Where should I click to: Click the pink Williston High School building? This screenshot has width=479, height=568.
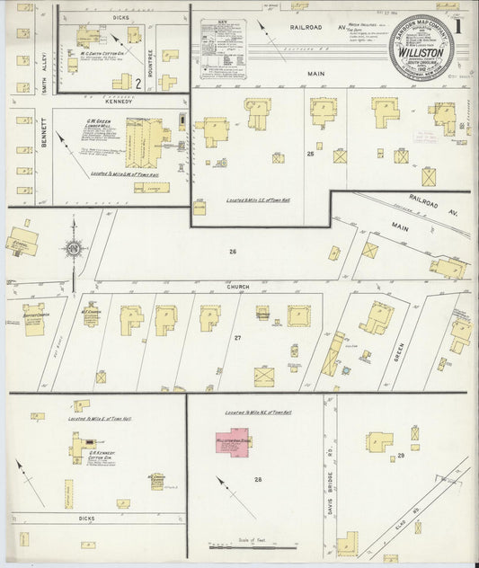(232, 445)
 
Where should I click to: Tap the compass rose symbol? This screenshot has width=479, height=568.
(73, 248)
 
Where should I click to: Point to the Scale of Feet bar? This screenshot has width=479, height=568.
(243, 544)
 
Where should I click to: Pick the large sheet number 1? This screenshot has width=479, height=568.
(460, 27)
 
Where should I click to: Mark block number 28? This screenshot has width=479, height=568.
(259, 480)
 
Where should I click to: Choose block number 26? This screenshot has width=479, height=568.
(232, 251)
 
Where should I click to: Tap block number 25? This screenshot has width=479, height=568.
(312, 155)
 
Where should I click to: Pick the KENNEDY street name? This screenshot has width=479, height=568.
(120, 102)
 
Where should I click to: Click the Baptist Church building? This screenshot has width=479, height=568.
(34, 320)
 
